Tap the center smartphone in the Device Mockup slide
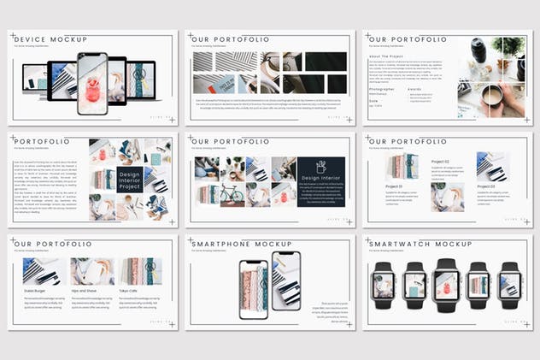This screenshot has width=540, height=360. tap(92, 83)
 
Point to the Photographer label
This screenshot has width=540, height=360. tap(383, 88)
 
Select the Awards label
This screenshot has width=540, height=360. tap(414, 88)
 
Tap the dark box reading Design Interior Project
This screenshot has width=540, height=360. tap(129, 179)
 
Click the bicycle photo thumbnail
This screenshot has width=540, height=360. tap(232, 194)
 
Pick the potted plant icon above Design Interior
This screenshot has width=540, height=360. tap(320, 167)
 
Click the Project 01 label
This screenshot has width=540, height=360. tap(393, 186)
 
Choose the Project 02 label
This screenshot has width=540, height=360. tap(440, 161)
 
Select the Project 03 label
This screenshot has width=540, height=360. tap(486, 186)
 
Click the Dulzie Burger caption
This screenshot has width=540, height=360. tap(37, 292)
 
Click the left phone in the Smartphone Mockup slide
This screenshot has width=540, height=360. tap(253, 289)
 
